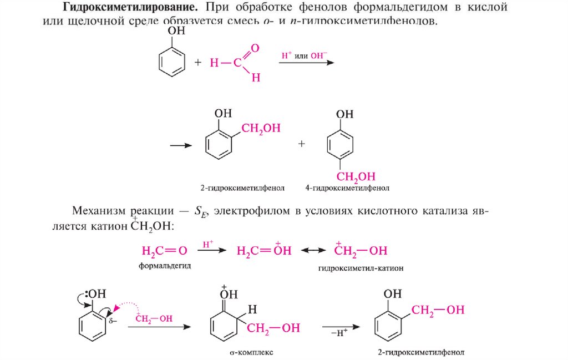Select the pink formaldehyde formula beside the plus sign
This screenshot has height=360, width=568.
[235, 63]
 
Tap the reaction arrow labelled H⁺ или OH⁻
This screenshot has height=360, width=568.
[306, 62]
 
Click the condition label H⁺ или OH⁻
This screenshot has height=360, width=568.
[305, 54]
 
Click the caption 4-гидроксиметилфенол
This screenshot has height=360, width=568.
[347, 188]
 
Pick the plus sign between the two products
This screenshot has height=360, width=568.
[302, 143]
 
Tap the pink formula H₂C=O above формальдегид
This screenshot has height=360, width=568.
[165, 251]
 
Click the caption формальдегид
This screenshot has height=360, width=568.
[165, 266]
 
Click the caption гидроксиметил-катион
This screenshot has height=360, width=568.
[361, 267]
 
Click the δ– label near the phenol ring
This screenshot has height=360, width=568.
[113, 321]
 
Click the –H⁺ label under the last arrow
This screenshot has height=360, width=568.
[338, 333]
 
